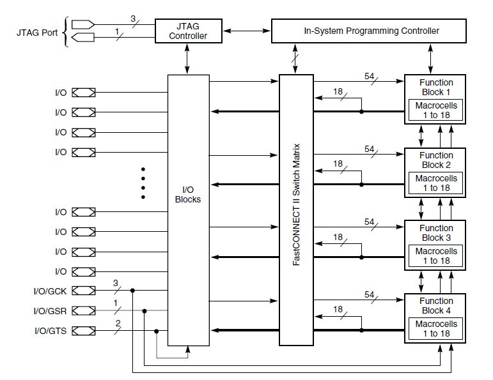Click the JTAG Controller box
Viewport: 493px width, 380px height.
click(189, 31)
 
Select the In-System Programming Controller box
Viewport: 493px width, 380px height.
click(368, 31)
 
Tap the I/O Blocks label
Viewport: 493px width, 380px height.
click(188, 194)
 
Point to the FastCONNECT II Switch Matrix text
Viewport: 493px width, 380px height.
click(296, 204)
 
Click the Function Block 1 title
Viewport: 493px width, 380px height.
click(436, 87)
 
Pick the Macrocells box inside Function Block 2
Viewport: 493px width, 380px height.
click(436, 183)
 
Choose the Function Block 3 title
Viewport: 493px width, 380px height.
click(436, 232)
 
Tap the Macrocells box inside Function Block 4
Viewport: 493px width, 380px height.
click(436, 328)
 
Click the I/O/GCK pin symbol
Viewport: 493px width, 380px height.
click(83, 291)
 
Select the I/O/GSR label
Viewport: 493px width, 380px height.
click(50, 311)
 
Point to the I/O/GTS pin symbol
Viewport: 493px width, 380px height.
click(83, 331)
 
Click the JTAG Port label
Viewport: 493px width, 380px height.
click(37, 33)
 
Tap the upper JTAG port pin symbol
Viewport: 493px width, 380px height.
click(83, 24)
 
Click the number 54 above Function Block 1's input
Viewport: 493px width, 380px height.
click(369, 76)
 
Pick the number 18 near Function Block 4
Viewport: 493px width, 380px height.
click(338, 309)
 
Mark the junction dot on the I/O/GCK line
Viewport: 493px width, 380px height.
click(133, 291)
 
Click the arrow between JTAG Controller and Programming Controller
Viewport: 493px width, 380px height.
click(247, 31)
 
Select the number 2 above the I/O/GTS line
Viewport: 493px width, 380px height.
click(118, 323)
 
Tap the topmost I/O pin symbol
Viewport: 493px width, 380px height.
click(83, 93)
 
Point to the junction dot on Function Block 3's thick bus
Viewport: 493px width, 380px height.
click(361, 257)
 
